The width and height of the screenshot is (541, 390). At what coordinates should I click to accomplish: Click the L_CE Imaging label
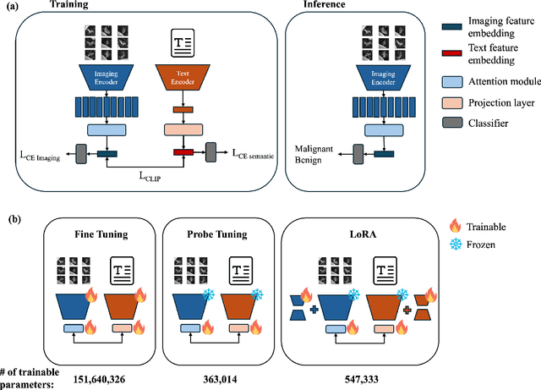pos(42,154)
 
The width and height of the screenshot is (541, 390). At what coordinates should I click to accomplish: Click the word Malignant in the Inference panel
pos(311,147)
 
